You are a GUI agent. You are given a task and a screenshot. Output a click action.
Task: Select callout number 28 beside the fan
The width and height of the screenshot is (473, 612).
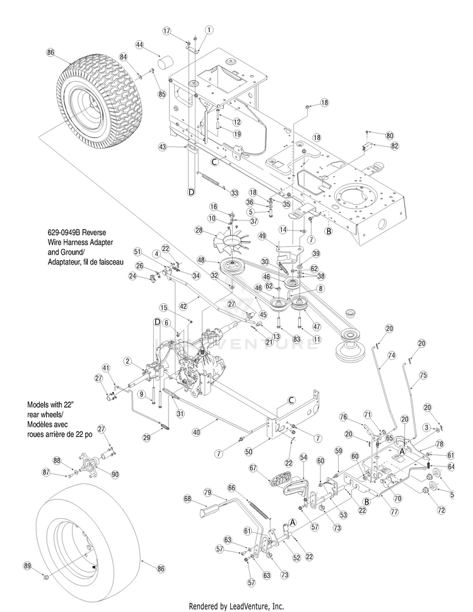[199, 231]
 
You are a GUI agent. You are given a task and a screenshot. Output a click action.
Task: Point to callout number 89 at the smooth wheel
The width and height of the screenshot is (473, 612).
[45, 565]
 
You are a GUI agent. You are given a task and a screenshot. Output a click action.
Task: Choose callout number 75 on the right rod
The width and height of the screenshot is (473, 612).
[423, 374]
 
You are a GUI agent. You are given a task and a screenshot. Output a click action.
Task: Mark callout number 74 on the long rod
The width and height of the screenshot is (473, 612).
[391, 355]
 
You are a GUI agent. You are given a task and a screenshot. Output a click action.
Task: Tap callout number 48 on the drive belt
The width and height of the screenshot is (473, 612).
[201, 259]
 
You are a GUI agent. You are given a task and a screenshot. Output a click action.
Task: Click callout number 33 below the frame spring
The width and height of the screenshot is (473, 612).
[235, 192]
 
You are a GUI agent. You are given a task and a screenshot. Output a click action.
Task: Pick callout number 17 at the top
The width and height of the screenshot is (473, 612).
[167, 30]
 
